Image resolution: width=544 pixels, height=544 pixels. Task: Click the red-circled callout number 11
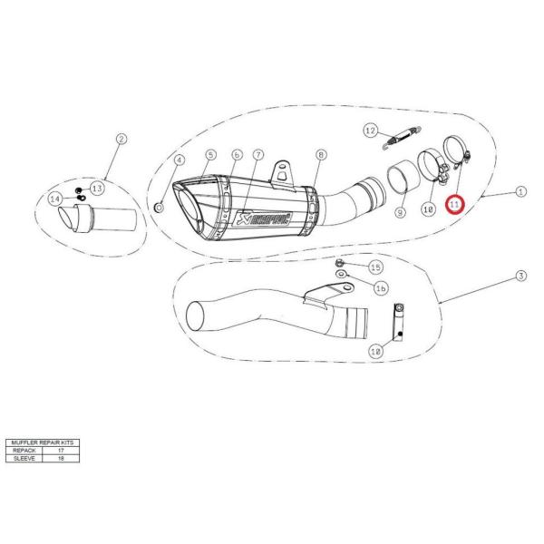coord(455,205)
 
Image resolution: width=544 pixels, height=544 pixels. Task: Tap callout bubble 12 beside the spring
coord(370,131)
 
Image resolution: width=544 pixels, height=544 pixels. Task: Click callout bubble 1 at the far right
coord(520,191)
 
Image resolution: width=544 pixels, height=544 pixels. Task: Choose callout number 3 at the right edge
coord(520,276)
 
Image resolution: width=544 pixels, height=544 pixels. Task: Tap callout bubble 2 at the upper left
coord(121,139)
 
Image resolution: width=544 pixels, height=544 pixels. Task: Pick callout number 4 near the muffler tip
coord(180,160)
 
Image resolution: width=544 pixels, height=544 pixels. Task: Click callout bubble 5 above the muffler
coord(209,155)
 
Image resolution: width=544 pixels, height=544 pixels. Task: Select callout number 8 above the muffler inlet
coord(320,155)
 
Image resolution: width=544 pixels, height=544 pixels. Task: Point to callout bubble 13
coord(97,187)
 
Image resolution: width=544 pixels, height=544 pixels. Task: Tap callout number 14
coord(54,199)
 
